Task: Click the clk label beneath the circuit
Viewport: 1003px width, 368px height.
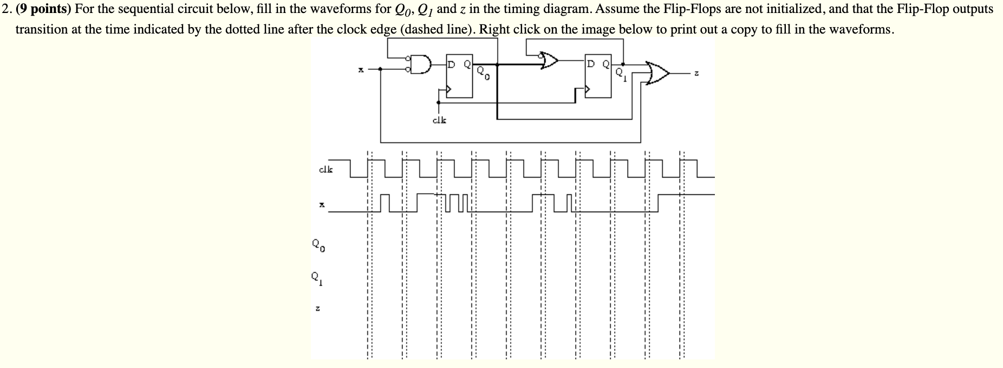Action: point(439,120)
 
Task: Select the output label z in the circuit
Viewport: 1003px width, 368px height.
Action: point(698,74)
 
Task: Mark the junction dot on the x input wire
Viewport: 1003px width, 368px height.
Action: point(381,69)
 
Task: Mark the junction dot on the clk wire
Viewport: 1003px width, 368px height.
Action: point(438,101)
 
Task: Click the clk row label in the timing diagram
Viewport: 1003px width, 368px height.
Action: point(326,169)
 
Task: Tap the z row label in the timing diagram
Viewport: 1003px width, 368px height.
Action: point(318,309)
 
